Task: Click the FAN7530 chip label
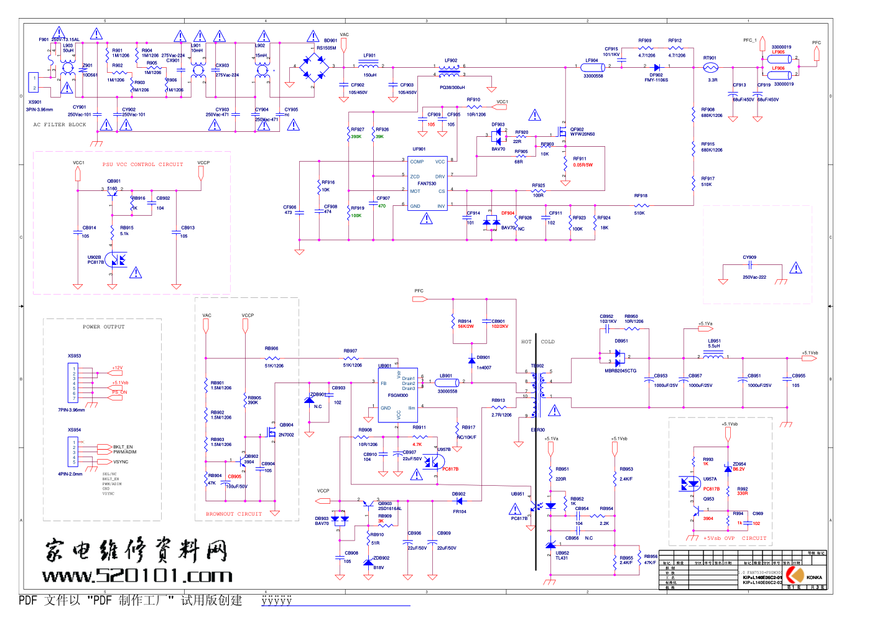427,183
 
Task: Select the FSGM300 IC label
398,395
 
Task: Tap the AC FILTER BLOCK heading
60,124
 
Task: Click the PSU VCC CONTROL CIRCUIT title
142,164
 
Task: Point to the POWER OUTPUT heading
103,327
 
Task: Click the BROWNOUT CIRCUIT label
234,514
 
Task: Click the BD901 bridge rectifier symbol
315,66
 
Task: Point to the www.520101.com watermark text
137,576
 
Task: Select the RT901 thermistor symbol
710,67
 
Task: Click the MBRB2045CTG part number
620,371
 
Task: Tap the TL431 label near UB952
562,558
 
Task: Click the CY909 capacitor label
749,257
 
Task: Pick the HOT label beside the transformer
526,341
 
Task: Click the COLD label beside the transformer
547,341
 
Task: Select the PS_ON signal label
119,392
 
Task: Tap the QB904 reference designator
286,425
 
